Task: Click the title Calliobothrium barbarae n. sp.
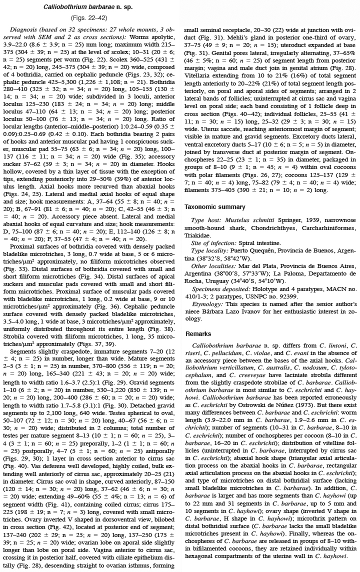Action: [x=91, y=7]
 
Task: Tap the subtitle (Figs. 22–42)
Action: [x=91, y=18]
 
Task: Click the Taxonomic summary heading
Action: [x=215, y=206]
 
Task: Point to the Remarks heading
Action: [x=198, y=333]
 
